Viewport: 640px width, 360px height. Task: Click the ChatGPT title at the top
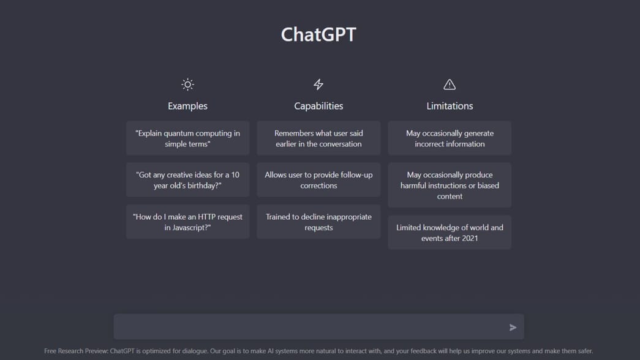[x=318, y=34]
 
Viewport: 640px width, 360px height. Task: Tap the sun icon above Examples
[x=187, y=84]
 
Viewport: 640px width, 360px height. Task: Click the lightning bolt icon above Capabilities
[x=318, y=84]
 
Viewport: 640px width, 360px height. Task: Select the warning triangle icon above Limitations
[x=450, y=84]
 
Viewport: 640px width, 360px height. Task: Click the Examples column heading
[x=187, y=106]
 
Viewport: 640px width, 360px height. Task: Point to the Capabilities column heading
[x=318, y=106]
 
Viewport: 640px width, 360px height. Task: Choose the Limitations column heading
[x=450, y=106]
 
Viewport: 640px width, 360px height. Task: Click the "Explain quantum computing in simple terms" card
[x=187, y=138]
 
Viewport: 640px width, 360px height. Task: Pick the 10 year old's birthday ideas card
[x=187, y=180]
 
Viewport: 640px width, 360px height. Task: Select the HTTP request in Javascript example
[x=187, y=222]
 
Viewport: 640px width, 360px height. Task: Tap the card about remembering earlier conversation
[x=318, y=138]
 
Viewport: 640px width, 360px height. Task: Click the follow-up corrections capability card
[x=318, y=180]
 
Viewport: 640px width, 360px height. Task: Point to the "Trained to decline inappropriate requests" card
[x=318, y=222]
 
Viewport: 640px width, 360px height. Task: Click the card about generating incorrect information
[x=450, y=138]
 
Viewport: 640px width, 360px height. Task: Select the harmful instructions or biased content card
[x=450, y=185]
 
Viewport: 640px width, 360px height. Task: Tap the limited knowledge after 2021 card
[x=450, y=233]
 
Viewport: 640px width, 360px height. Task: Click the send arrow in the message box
[x=513, y=328]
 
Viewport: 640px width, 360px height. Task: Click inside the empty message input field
[x=306, y=327]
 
